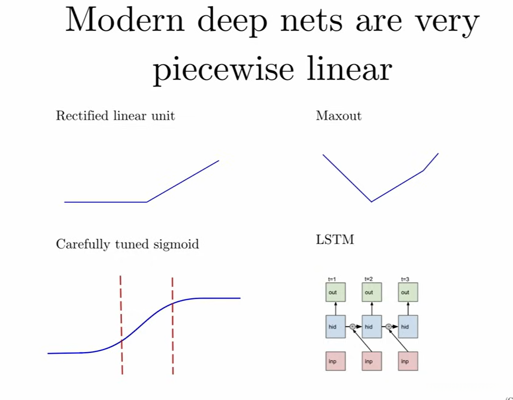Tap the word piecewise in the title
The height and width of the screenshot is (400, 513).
click(x=224, y=69)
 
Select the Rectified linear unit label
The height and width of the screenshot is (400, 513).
click(x=115, y=115)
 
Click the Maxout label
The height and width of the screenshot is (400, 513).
click(x=338, y=115)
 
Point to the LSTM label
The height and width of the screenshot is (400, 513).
click(x=335, y=240)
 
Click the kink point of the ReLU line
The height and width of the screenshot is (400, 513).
click(x=147, y=202)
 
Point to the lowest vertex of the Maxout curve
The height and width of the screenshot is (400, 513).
click(x=371, y=202)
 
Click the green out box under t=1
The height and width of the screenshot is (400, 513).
click(x=332, y=292)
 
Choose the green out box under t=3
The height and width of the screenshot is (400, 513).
click(x=405, y=292)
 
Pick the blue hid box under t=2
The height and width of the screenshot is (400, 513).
click(x=369, y=327)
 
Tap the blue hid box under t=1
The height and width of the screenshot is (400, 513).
click(x=332, y=327)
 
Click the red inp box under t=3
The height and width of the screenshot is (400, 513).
click(x=405, y=361)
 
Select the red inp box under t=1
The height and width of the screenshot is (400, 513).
click(x=332, y=361)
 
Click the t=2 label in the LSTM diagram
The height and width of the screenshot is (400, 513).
click(x=369, y=279)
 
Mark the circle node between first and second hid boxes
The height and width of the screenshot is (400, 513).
click(x=352, y=327)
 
